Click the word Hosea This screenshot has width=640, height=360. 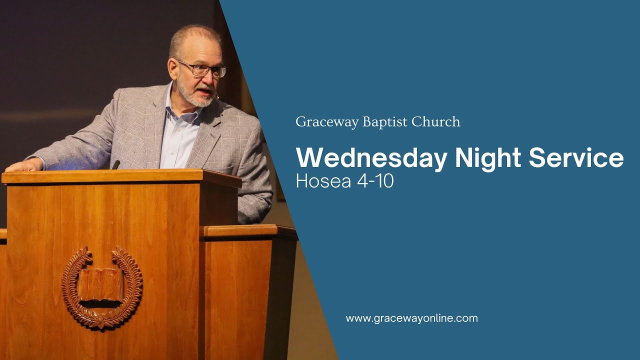click(x=323, y=181)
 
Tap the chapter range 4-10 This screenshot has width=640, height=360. click(x=375, y=181)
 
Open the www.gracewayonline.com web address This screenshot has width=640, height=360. click(x=411, y=318)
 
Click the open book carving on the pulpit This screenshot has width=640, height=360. click(x=100, y=287)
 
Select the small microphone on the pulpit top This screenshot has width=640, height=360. click(x=115, y=164)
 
